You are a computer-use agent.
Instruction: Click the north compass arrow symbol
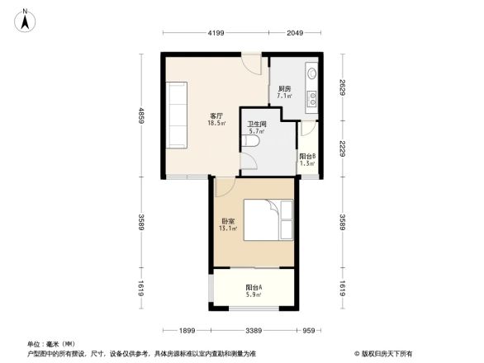[x=26, y=19]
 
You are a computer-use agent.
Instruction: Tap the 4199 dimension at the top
[x=216, y=33]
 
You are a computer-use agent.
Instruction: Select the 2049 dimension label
[x=295, y=33]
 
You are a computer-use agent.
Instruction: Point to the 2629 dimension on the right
[x=341, y=87]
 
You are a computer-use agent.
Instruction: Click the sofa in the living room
[x=178, y=115]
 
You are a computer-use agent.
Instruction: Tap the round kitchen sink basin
[x=311, y=73]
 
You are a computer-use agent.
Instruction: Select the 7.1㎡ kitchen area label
[x=284, y=96]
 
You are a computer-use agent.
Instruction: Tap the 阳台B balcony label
[x=306, y=156]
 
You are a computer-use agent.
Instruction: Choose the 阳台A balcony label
[x=254, y=288]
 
